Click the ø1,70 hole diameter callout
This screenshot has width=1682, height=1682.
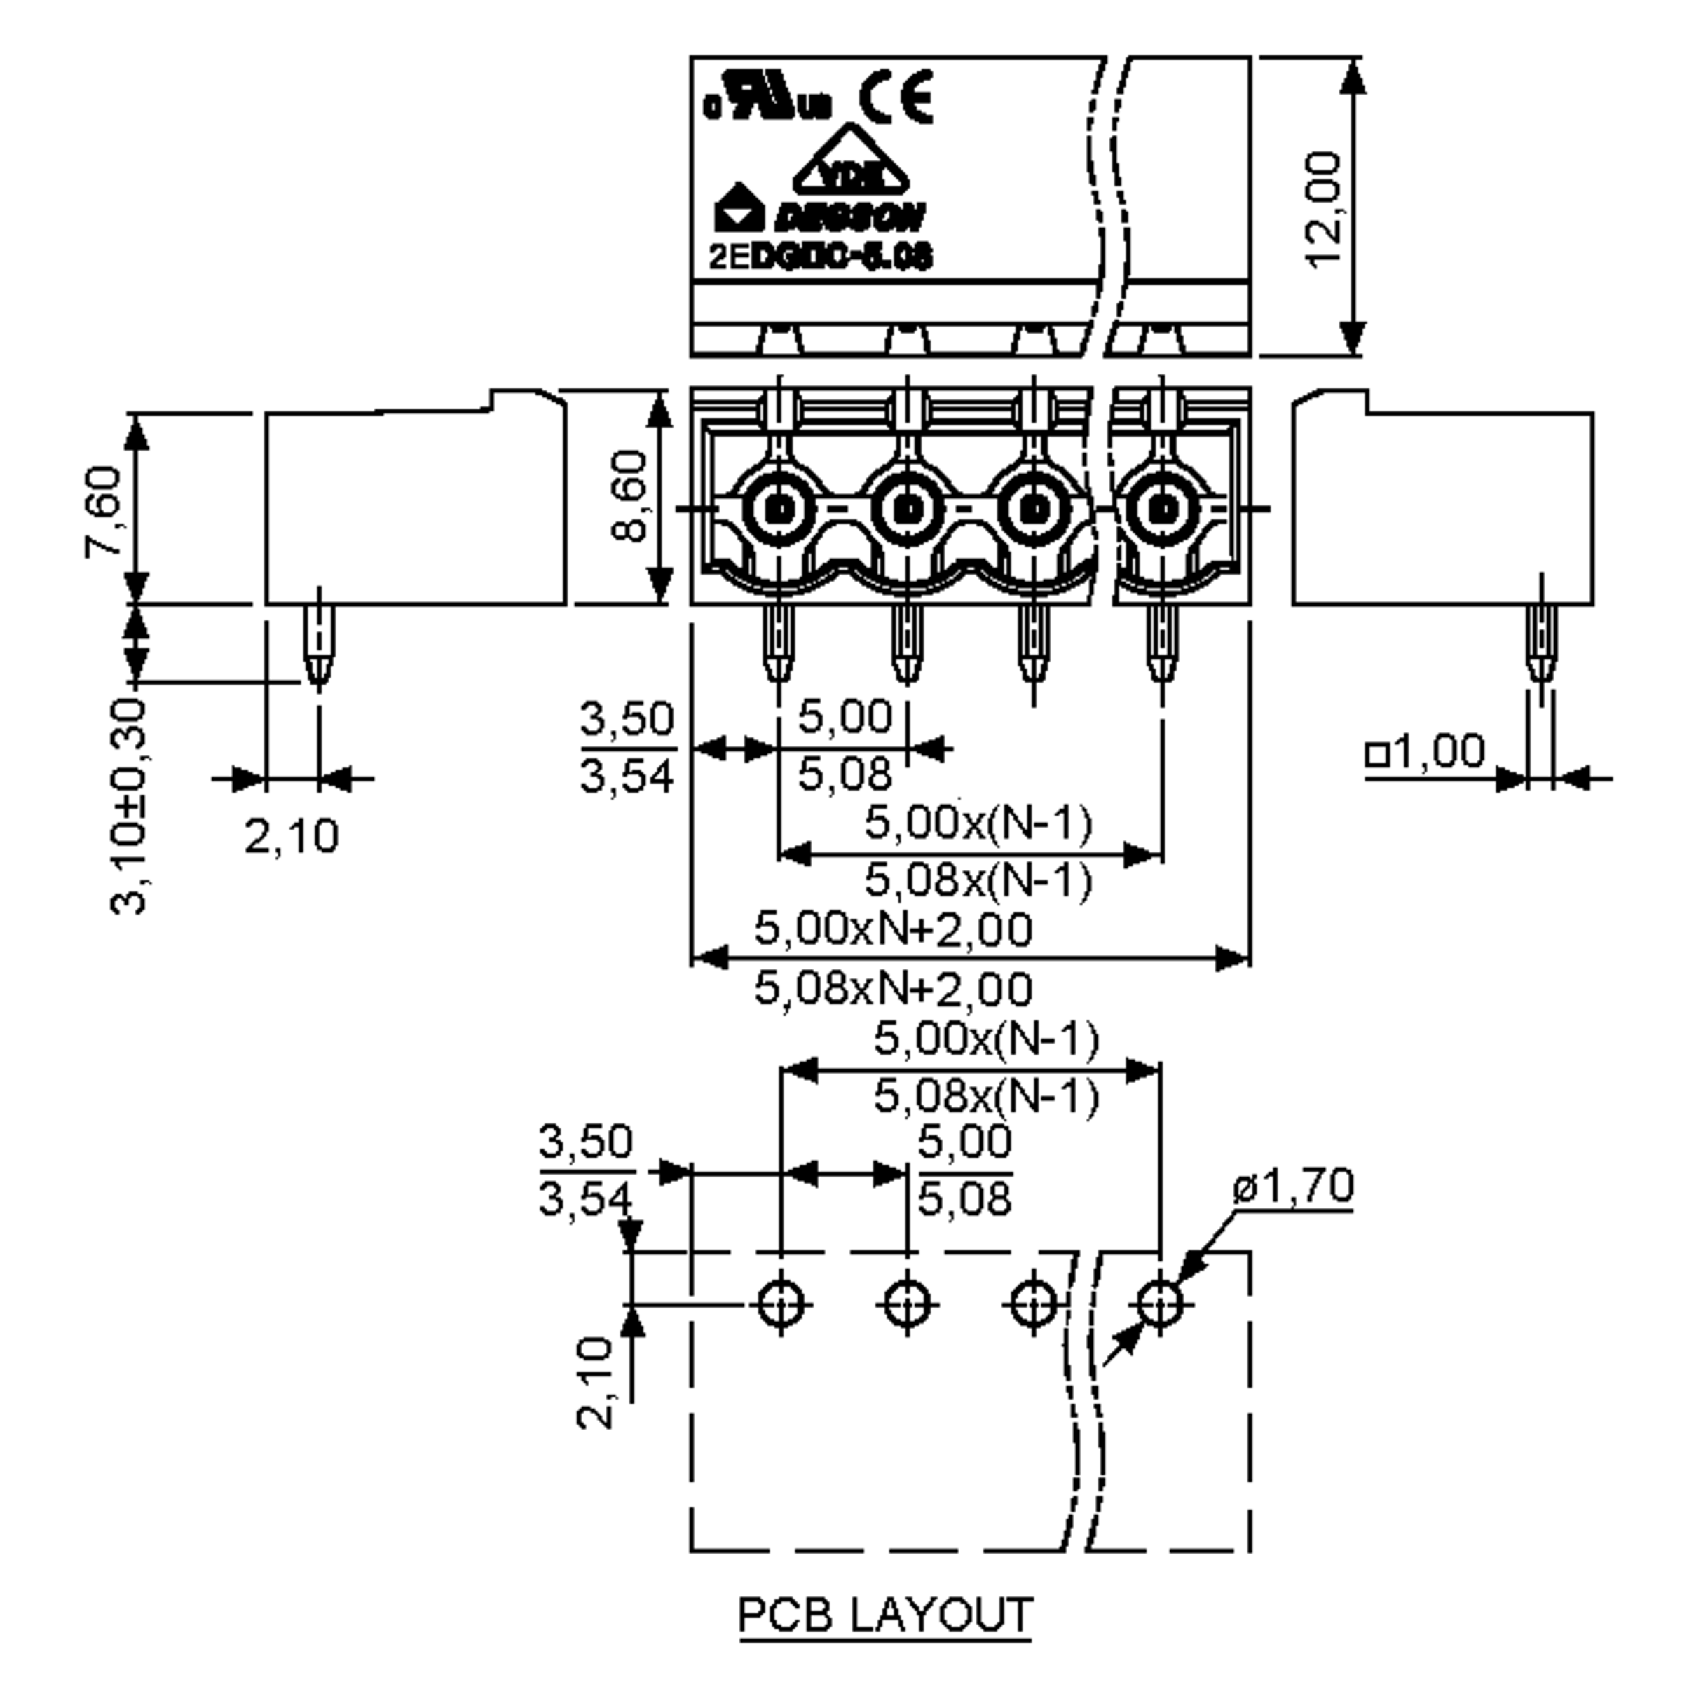pos(1293,1186)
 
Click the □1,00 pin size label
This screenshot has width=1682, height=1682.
pos(1425,751)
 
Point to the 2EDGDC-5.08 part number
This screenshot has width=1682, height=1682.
pos(821,257)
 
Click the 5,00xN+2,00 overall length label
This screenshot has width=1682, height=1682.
pos(892,928)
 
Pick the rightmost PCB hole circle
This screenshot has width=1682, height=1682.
pos(1161,1304)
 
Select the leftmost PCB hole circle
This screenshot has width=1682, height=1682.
pos(780,1304)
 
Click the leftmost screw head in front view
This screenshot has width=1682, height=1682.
pos(780,507)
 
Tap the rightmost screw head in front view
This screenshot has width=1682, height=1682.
pos(1161,507)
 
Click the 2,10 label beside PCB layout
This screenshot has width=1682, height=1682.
pos(596,1384)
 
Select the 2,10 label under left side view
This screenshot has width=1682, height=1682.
pos(291,837)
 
